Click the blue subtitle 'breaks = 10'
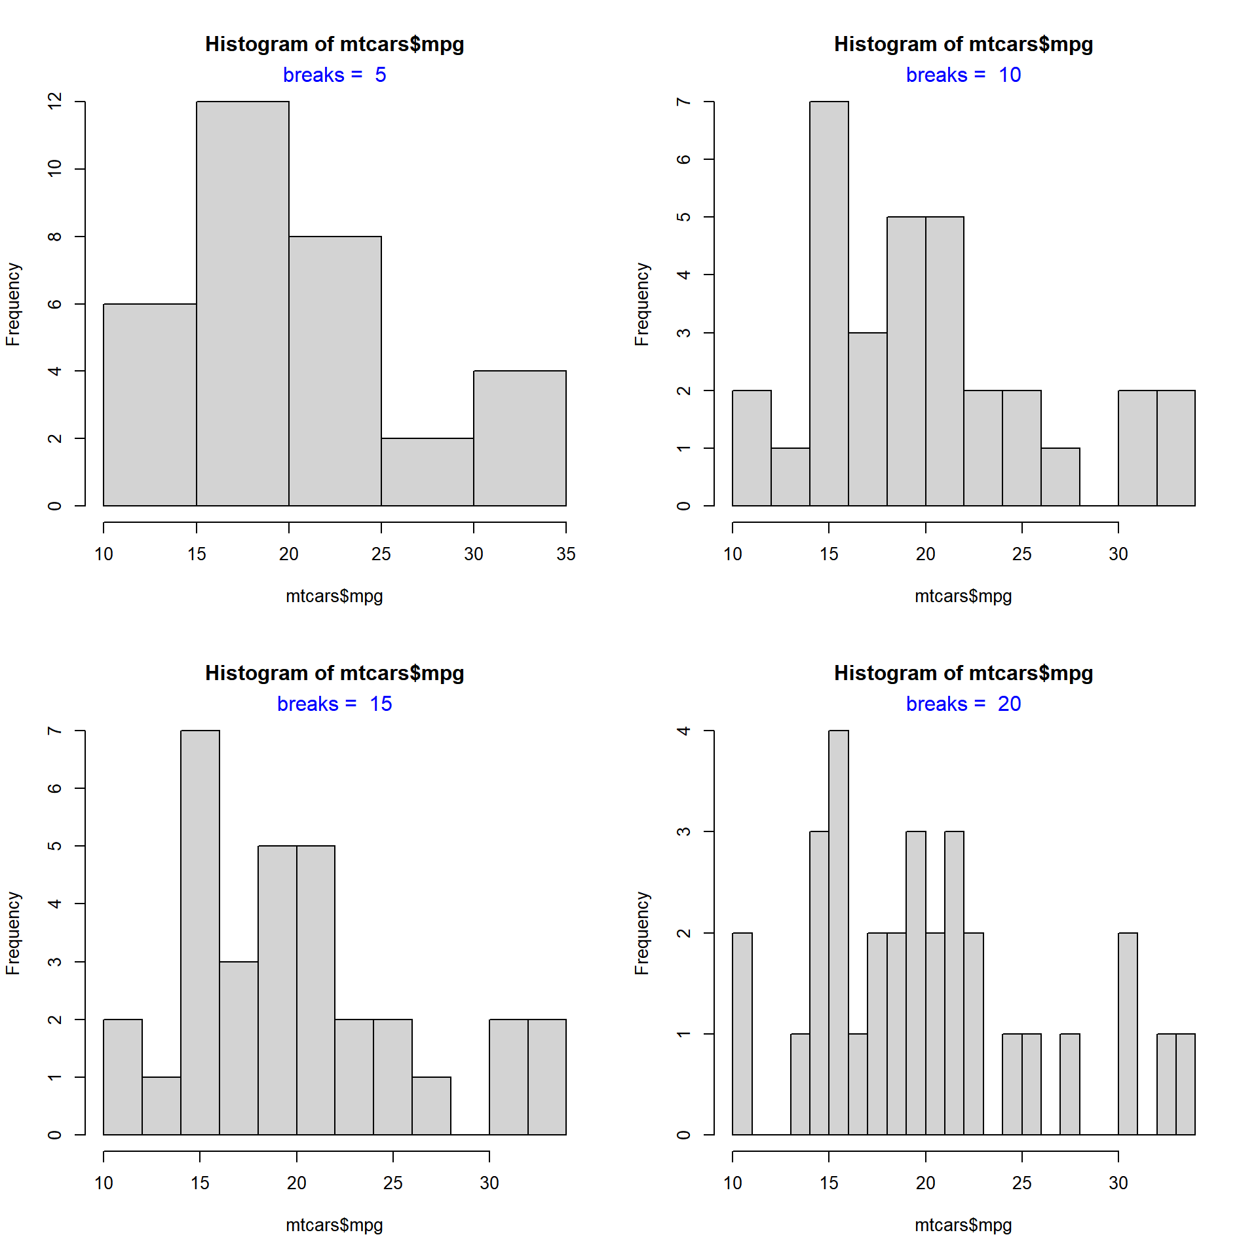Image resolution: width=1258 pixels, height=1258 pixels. [x=963, y=75]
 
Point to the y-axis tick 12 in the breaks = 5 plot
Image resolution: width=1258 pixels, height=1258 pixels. [x=55, y=102]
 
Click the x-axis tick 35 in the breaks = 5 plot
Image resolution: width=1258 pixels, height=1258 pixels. [x=565, y=554]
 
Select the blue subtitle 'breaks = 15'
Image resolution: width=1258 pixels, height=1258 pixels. [x=334, y=704]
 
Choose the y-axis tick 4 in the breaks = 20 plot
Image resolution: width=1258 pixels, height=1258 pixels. [x=684, y=731]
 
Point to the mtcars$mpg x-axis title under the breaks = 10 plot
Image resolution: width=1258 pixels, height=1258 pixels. [x=963, y=596]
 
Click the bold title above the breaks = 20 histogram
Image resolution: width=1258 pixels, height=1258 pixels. [x=963, y=673]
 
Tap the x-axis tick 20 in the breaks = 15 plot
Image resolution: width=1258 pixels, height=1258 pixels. [x=296, y=1183]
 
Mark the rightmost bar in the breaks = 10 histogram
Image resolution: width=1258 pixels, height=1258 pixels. [x=1175, y=448]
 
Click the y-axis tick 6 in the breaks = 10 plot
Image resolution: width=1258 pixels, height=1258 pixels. [x=684, y=159]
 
